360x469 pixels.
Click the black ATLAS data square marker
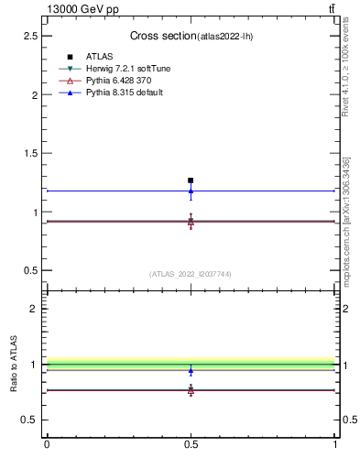191,180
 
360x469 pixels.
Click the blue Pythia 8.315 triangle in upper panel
191,191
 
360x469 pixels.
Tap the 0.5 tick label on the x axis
191,444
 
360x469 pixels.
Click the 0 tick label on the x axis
47,444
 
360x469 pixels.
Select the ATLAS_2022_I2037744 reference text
191,274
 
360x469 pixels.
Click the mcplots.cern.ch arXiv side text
346,220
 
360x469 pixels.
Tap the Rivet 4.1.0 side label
346,69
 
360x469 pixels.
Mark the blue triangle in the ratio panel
191,371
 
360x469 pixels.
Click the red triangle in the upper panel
191,222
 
